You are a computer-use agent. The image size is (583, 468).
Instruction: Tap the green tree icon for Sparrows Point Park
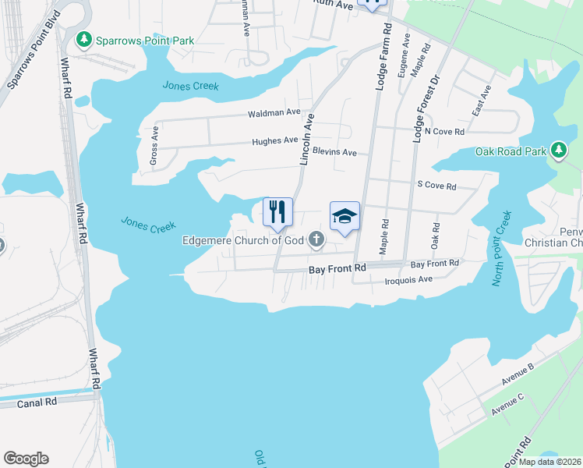tap(83, 39)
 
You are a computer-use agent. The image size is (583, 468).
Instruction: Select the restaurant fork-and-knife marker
tap(278, 211)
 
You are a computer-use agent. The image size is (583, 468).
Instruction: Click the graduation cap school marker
tap(344, 216)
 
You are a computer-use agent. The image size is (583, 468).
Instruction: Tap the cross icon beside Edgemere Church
tap(316, 239)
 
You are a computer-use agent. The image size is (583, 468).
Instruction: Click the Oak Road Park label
tap(510, 151)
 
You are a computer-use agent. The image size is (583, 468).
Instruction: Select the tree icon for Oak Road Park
tap(558, 150)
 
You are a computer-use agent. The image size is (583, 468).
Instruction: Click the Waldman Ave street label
tap(274, 113)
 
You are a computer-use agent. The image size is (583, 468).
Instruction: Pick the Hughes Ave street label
tap(274, 141)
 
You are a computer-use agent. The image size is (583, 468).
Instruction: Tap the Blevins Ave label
tap(334, 152)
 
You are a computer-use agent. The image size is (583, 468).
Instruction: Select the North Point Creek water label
tap(500, 249)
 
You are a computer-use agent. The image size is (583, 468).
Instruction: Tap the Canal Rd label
tap(40, 402)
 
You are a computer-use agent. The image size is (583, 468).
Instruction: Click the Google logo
tap(26, 459)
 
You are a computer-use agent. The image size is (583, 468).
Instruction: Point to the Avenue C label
tap(507, 404)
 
